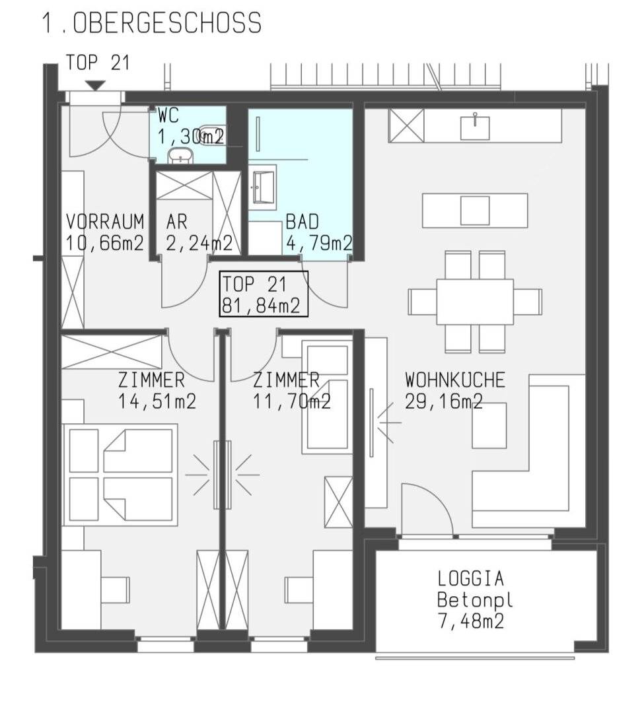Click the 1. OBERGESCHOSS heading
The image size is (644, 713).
coord(151,22)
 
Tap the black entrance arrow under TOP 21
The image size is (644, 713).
coord(96,85)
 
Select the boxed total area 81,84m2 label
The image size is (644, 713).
coord(264,294)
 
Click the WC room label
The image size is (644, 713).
coord(168,116)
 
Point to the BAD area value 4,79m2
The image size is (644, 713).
coord(319,243)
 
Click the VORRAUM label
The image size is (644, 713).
coord(105,221)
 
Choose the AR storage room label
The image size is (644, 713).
coord(176,221)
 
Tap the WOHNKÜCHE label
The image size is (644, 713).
coord(455,380)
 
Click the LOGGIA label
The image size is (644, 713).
coord(471,578)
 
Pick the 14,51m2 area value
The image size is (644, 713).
coord(157,401)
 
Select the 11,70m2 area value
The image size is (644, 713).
coord(291,401)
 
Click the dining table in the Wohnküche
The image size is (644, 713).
coord(475,302)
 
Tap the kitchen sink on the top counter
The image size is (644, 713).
coord(475,127)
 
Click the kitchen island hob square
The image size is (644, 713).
coord(475,211)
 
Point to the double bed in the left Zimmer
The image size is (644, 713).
coord(120,475)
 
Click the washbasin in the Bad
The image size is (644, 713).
coord(263,187)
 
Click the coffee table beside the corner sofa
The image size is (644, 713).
coord(489,426)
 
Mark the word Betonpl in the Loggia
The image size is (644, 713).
coord(475,599)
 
